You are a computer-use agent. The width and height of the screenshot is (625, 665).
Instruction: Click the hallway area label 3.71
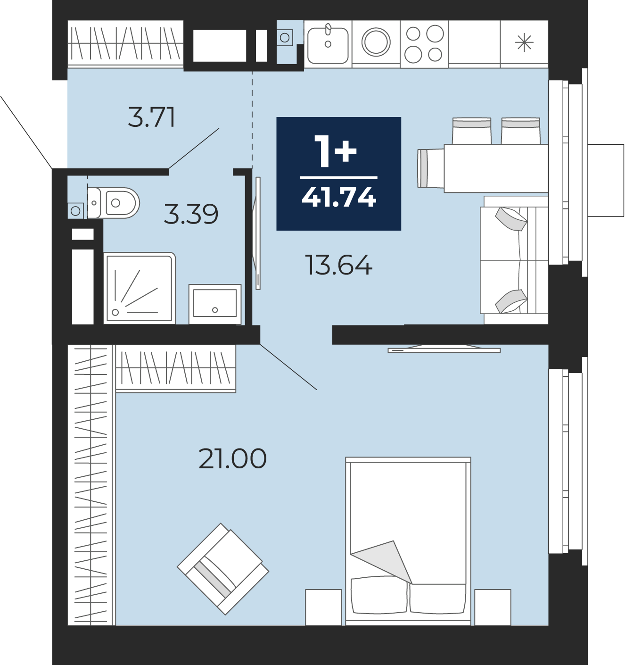tap(152, 117)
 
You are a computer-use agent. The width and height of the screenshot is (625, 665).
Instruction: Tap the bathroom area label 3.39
tap(191, 214)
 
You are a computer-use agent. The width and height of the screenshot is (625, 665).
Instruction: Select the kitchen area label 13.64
tap(339, 265)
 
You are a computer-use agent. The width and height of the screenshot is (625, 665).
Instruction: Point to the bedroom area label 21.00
tap(233, 459)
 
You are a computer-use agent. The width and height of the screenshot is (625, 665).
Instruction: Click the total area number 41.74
tap(339, 197)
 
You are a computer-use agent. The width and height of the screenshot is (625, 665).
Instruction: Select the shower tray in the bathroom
tap(140, 288)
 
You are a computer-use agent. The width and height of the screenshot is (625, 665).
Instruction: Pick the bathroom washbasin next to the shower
tap(215, 304)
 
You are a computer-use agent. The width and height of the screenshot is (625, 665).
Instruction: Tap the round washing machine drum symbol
tap(376, 42)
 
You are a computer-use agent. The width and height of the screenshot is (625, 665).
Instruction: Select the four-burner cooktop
tap(424, 44)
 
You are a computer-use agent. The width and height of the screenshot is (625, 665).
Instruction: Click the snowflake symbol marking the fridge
tap(524, 43)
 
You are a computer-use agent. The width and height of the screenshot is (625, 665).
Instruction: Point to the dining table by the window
tap(496, 168)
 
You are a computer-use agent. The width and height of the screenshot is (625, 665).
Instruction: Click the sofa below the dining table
tap(514, 260)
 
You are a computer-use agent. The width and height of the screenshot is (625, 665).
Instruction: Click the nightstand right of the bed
tap(493, 607)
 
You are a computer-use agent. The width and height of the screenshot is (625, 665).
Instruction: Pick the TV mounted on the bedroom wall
tap(444, 349)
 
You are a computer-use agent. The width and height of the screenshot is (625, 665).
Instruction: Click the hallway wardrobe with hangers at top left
tap(125, 43)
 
